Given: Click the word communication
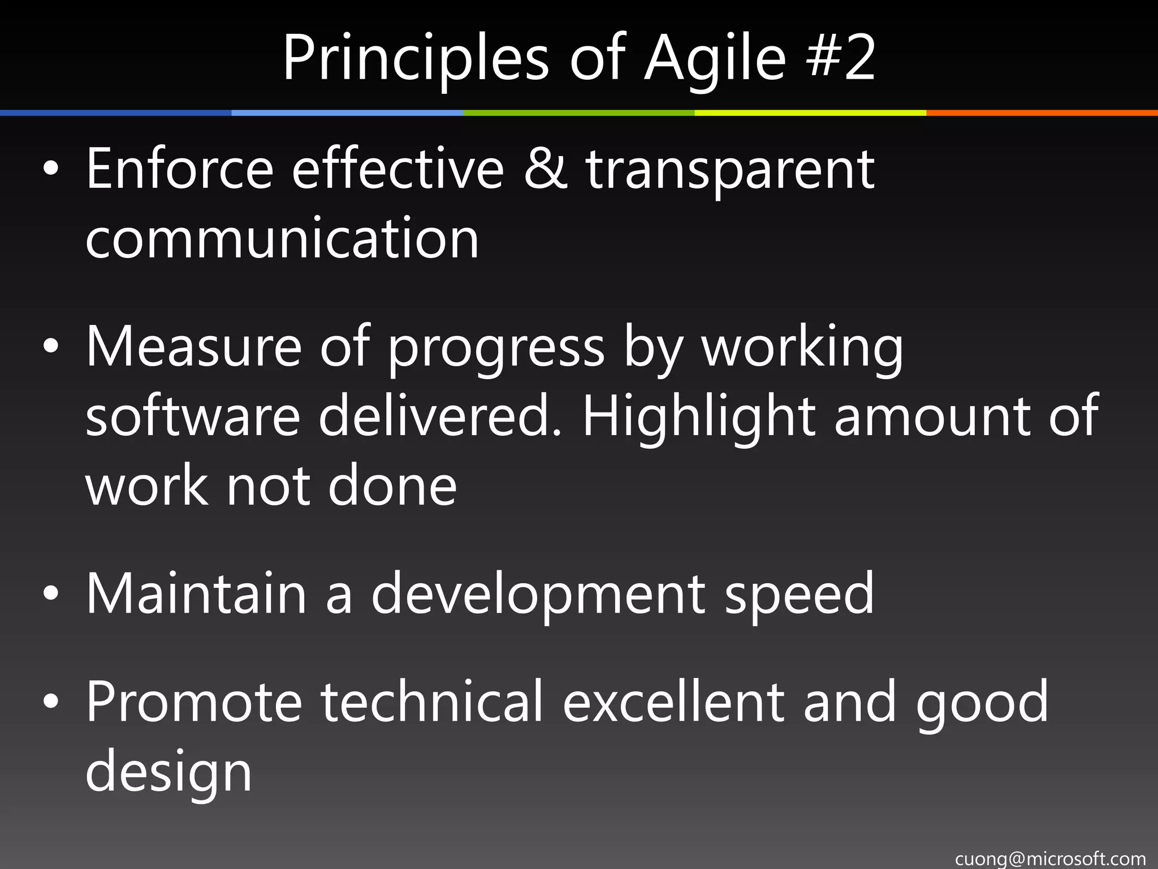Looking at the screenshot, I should tap(282, 239).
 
